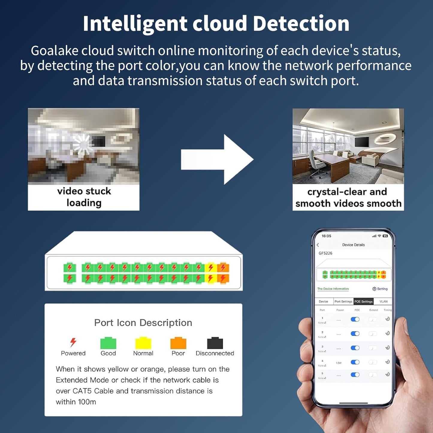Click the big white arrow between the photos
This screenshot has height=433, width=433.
[217, 159]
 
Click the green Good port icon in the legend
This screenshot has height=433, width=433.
[108, 343]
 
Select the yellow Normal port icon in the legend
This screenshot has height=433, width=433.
[143, 343]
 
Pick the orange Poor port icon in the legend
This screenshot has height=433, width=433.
[178, 343]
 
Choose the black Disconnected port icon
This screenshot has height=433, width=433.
[215, 343]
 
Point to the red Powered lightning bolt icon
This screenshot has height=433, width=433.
[73, 342]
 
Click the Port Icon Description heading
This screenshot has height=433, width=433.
[143, 323]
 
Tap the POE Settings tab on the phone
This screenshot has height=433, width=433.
[363, 301]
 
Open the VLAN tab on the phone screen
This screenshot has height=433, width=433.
[384, 301]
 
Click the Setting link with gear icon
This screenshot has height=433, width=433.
[380, 289]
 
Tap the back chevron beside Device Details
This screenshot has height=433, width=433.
[318, 245]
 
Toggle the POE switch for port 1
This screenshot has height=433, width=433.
[355, 319]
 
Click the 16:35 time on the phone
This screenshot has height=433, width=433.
[326, 236]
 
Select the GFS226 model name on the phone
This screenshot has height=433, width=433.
[325, 253]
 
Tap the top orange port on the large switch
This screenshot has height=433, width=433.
[223, 267]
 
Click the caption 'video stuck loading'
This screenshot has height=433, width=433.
[84, 197]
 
